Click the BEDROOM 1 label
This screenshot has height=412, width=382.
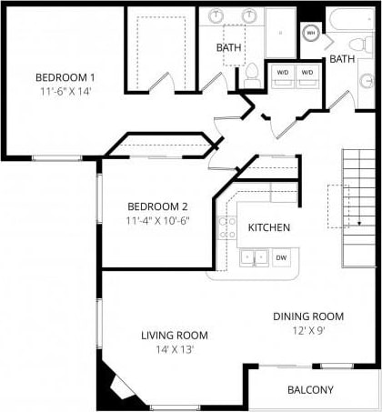click(x=65, y=76)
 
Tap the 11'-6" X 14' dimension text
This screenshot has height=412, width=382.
click(x=65, y=91)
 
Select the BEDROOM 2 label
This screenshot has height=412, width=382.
click(x=157, y=206)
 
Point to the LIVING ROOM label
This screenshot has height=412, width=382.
click(x=175, y=335)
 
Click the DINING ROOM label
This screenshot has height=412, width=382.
click(x=308, y=317)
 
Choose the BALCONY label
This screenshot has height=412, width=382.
click(x=310, y=390)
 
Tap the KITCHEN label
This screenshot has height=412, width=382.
click(x=269, y=227)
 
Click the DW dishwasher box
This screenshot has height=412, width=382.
click(x=282, y=258)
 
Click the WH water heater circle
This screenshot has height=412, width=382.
click(x=311, y=34)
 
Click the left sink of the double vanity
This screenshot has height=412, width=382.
click(x=217, y=16)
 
